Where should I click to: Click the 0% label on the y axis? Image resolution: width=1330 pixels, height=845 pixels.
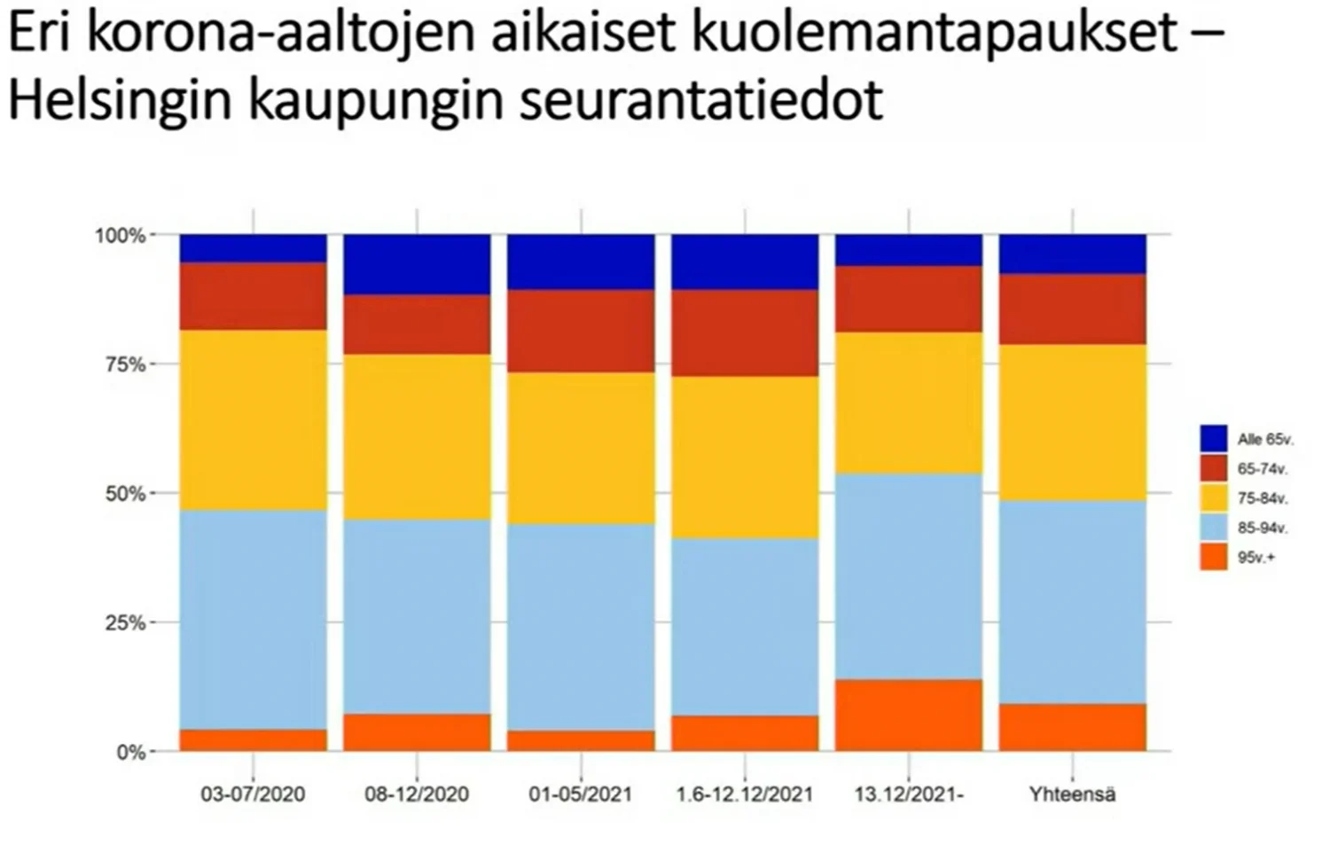130,752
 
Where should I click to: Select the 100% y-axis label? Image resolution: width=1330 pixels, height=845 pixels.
120,236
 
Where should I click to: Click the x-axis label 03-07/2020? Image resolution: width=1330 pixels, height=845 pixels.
253,794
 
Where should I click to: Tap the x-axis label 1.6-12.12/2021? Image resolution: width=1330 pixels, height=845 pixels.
744,794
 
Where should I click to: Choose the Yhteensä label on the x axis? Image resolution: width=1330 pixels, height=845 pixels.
1072,794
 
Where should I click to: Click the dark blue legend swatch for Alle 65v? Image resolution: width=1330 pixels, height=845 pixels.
1214,439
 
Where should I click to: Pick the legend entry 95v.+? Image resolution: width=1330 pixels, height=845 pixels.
1256,558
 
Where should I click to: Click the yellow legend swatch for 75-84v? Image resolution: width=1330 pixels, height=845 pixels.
1214,497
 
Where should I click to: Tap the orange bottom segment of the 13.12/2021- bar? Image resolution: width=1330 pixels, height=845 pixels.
909,716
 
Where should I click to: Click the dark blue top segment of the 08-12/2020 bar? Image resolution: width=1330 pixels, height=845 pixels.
417,264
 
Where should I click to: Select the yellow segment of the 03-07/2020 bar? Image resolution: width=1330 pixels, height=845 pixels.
253,420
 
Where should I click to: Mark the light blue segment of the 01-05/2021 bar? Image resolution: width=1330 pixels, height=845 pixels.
581,627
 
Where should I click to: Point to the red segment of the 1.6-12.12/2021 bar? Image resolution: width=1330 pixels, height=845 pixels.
744,333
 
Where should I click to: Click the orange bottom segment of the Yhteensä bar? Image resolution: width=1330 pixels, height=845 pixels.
1072,727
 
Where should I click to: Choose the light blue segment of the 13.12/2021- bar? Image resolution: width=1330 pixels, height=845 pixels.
909,576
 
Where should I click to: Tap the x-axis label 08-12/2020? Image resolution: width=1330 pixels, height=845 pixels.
417,794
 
